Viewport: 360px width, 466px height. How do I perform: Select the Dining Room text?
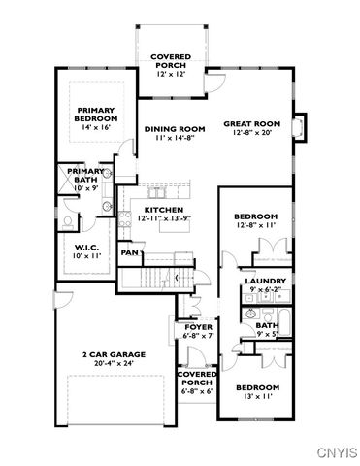tap(175, 129)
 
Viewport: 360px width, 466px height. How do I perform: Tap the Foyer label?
tap(198, 327)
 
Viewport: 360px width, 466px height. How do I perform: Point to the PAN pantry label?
tap(127, 252)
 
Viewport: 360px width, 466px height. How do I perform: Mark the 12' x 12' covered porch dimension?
tap(170, 75)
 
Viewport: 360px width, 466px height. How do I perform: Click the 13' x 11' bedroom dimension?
tap(258, 396)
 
